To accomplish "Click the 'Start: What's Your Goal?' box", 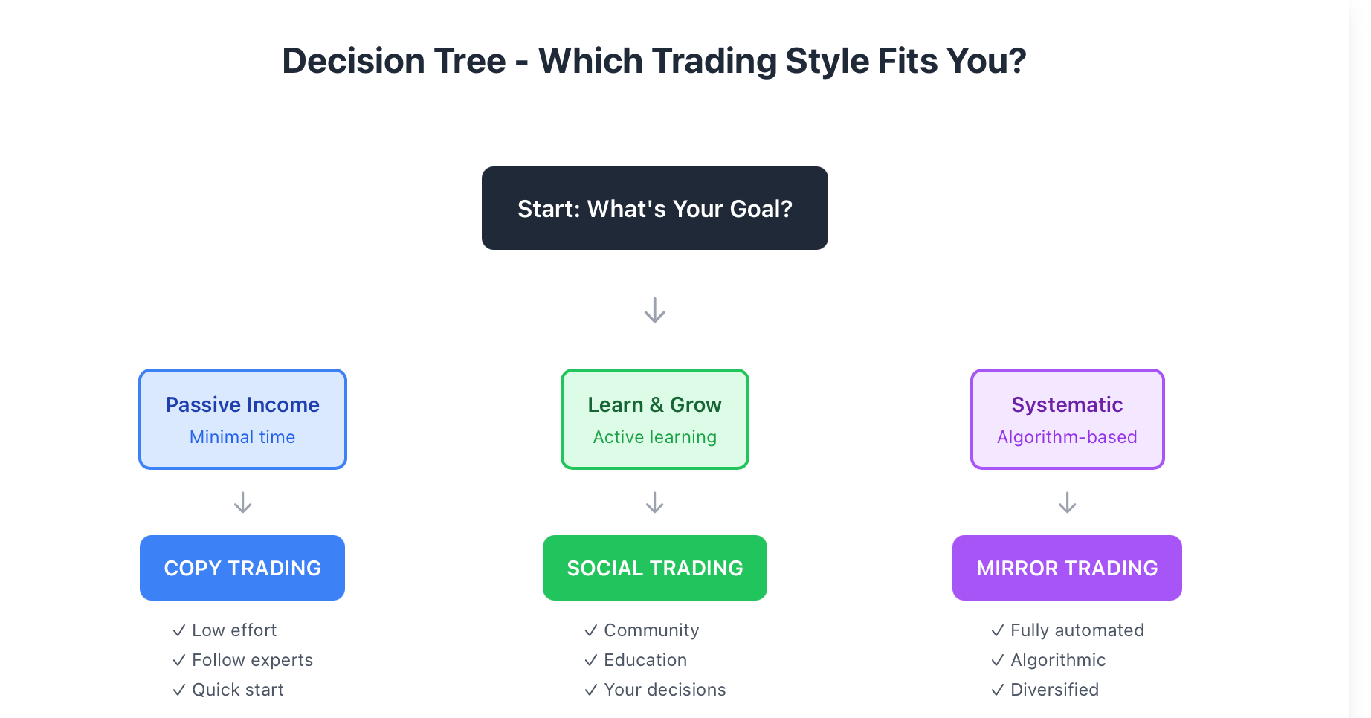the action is (654, 208).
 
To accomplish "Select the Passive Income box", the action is (242, 419).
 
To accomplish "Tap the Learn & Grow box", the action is (654, 419).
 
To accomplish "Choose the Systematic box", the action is (1067, 419).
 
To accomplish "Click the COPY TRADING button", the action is (242, 568).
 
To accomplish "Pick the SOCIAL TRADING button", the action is (654, 568).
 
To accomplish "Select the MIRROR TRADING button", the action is (1067, 568).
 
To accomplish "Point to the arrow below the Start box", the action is (654, 310).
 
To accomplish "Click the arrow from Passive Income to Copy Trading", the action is (242, 502).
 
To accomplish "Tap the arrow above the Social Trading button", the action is (654, 502).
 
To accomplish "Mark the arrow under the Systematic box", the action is (1067, 502).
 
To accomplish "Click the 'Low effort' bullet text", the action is (234, 630).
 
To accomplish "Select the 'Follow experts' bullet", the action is (252, 660).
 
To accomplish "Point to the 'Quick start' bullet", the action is (238, 690).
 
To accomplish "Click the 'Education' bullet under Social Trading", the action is (645, 660).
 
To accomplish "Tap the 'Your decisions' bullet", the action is (665, 690).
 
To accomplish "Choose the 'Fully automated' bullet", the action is (1077, 630).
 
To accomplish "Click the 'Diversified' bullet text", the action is (1054, 690).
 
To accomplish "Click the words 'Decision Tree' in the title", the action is (394, 61).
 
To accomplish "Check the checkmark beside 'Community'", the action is (591, 630).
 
